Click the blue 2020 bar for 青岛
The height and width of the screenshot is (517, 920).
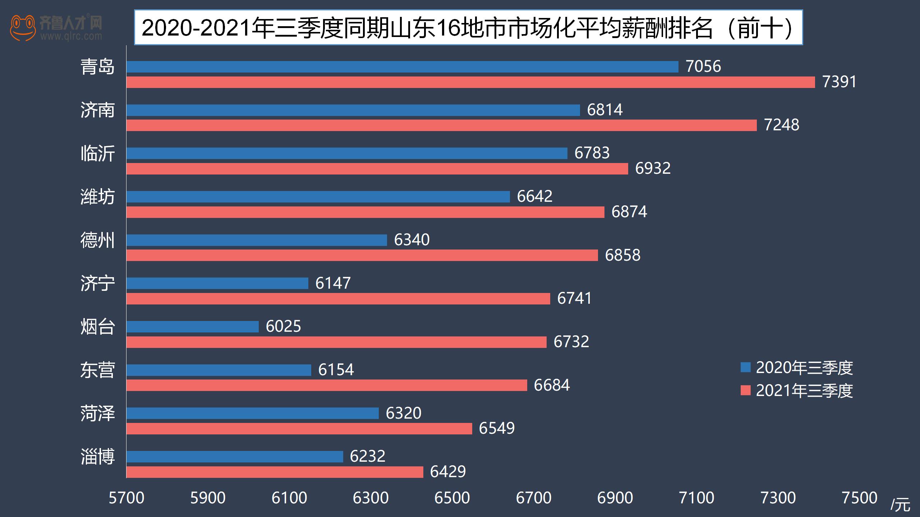coord(402,67)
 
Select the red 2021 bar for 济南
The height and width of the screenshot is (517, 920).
coord(441,125)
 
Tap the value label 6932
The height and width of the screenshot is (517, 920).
coord(653,168)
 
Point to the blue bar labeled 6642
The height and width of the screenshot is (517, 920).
coord(318,197)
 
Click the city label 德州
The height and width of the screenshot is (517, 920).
coord(97,240)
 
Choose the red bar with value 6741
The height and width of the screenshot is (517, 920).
coord(338,299)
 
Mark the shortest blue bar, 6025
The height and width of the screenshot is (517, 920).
coord(193,327)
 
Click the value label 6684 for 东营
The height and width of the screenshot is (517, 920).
coord(552,385)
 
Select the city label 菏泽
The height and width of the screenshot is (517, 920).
coord(97,413)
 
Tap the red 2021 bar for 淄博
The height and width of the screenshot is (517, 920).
coord(275,472)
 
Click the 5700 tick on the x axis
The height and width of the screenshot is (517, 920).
coord(126,498)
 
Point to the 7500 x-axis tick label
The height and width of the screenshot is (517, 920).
coord(860,498)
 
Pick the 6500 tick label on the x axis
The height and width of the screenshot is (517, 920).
coord(452,498)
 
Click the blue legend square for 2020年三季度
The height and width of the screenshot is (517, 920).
coord(746,367)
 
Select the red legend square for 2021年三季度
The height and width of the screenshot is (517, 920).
coord(746,390)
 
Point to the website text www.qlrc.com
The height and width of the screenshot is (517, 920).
coord(71,36)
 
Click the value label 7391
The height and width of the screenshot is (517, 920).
coord(839,82)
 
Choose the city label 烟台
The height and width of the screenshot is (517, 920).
coord(97,327)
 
